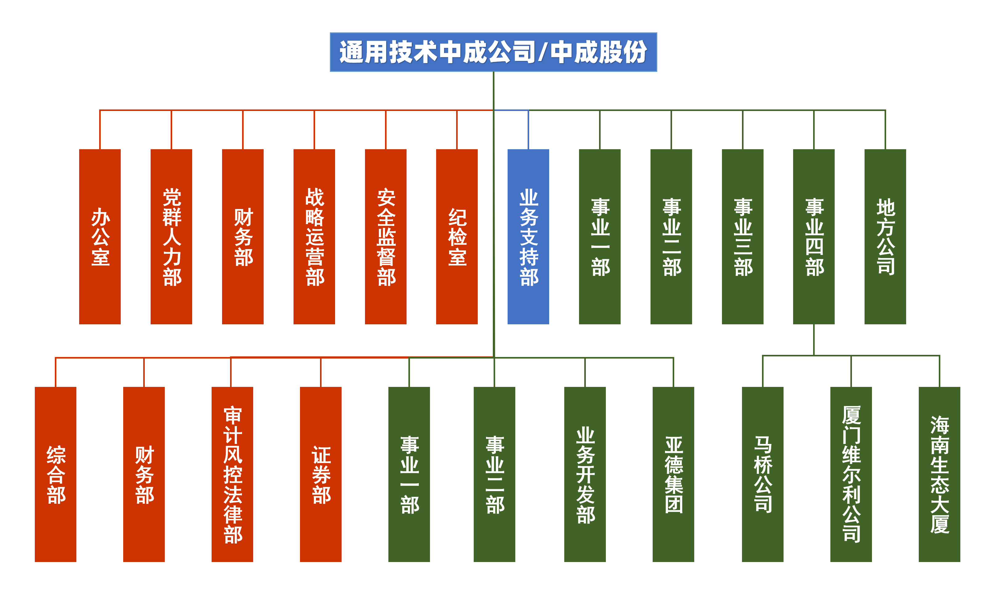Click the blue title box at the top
click(x=493, y=52)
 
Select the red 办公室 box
click(x=100, y=236)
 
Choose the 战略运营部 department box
click(x=314, y=236)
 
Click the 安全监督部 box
click(x=385, y=236)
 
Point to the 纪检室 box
click(x=457, y=236)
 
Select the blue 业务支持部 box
click(x=528, y=236)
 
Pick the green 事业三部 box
click(x=742, y=236)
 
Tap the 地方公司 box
click(x=885, y=236)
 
